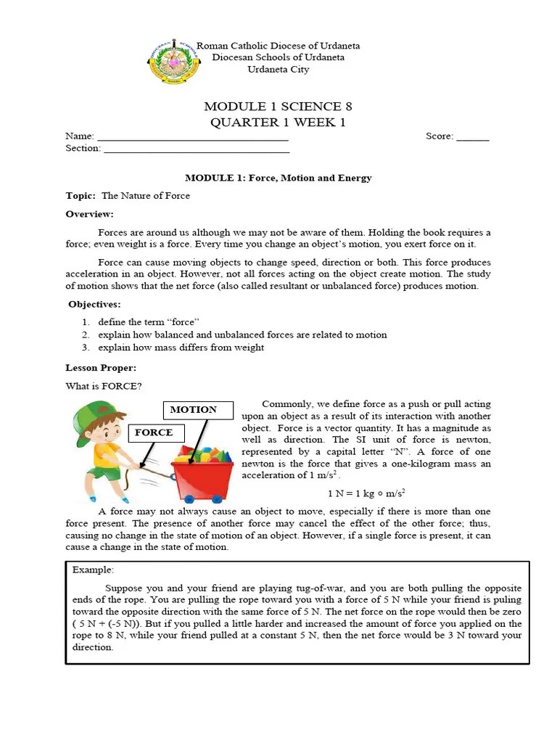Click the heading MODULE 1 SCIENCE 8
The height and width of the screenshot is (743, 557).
pos(278,107)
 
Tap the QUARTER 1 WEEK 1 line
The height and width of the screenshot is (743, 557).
pos(278,122)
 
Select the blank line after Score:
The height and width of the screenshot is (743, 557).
pos(473,137)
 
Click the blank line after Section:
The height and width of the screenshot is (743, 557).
pos(196,149)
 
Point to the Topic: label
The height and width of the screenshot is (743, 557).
pos(81,196)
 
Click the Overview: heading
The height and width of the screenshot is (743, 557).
pos(89,214)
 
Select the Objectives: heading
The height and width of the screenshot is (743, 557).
pos(94,304)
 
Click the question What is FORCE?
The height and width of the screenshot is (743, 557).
pos(104,386)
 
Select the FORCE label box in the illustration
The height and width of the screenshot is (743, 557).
pos(154,432)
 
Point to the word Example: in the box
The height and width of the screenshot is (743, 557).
pos(93,570)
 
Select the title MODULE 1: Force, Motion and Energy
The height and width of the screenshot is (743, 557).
pos(278,178)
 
